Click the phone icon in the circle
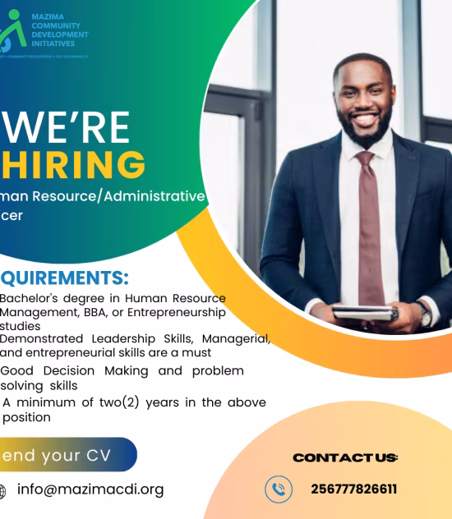click(x=279, y=489)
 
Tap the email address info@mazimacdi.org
click(x=90, y=489)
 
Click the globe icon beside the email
click(x=2, y=491)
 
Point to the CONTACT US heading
click(x=345, y=457)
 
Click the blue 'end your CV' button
click(x=62, y=455)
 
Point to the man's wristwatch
click(x=424, y=314)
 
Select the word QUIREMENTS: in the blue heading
click(x=64, y=278)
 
